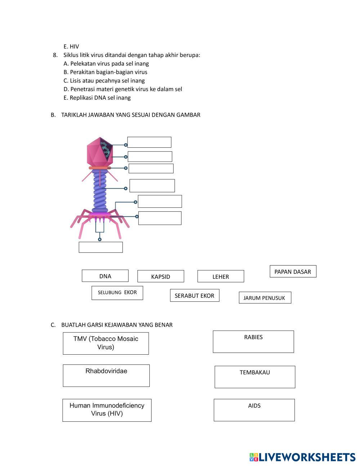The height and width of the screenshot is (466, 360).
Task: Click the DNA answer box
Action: pos(105,276)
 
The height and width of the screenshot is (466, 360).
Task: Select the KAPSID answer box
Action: pos(161,276)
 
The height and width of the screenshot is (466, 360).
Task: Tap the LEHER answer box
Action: pos(221,276)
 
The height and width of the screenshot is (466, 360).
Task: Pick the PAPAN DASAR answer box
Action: pos(293,272)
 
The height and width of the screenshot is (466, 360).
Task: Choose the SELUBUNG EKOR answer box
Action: pos(117,293)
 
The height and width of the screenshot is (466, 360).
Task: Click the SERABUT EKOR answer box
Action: pos(194,295)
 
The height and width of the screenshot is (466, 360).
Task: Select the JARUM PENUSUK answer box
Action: pos(265,297)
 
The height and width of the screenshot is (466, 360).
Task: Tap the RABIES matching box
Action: pos(253,341)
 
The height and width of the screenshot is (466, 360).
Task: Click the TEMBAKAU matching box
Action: pos(255,377)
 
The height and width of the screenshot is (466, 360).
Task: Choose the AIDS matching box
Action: pos(254,410)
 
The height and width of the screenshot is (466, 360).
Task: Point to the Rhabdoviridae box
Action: pos(106,375)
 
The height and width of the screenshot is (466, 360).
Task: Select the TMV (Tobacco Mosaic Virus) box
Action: pos(106,343)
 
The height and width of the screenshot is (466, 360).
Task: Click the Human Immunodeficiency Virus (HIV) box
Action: pos(107,410)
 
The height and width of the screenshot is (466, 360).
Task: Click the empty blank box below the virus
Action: pos(100,247)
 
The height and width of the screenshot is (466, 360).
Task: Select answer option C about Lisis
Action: pos(104,81)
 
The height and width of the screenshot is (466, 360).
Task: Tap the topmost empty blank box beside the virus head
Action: pos(149,142)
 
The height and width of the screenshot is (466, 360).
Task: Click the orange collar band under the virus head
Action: pos(100,168)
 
